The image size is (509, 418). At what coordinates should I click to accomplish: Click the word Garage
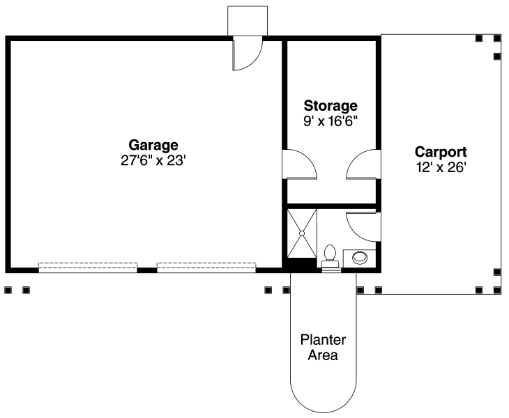pos(153,145)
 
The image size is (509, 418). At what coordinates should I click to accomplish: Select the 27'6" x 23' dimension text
pos(153,160)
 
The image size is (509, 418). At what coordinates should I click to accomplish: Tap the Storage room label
pos(331,106)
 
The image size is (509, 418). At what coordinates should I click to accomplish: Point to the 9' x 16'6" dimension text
pos(331,121)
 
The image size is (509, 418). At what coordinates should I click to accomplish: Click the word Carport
pos(441,151)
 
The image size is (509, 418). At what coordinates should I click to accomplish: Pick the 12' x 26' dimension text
pos(441,167)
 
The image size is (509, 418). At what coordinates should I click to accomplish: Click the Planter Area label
pos(324,348)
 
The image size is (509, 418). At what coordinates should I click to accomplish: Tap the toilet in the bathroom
pos(331,255)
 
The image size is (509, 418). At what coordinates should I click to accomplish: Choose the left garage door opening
pos(88,267)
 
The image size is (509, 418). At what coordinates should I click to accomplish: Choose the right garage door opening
pos(206,267)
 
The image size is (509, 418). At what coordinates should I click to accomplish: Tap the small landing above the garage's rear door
pos(248,20)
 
